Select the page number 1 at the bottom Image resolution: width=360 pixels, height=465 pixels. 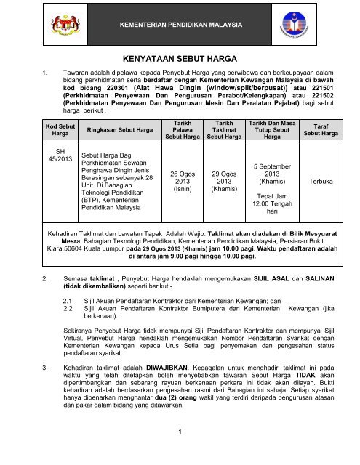tap(179, 451)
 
